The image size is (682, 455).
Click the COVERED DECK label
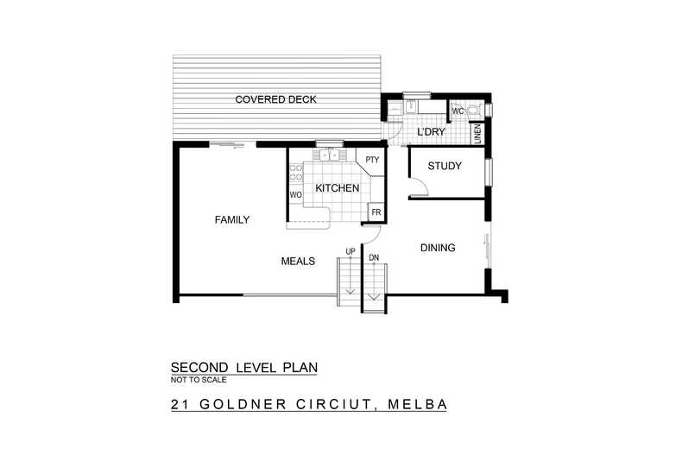click(276, 100)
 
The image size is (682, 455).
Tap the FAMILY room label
click(231, 220)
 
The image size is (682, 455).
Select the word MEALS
click(298, 261)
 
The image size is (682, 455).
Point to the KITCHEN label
click(337, 188)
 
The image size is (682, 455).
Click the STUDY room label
click(445, 167)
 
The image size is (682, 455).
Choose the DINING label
click(438, 249)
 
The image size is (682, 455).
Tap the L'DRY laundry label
click(429, 132)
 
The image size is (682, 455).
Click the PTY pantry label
click(372, 160)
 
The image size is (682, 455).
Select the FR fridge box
click(376, 212)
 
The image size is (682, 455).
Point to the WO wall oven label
click(294, 195)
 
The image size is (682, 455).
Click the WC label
click(458, 111)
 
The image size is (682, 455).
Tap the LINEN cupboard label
click(476, 134)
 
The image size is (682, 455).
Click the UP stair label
click(350, 251)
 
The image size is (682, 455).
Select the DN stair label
click(373, 257)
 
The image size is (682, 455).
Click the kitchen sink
click(330, 155)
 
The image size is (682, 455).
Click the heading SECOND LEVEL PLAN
click(244, 367)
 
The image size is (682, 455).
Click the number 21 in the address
click(180, 404)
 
